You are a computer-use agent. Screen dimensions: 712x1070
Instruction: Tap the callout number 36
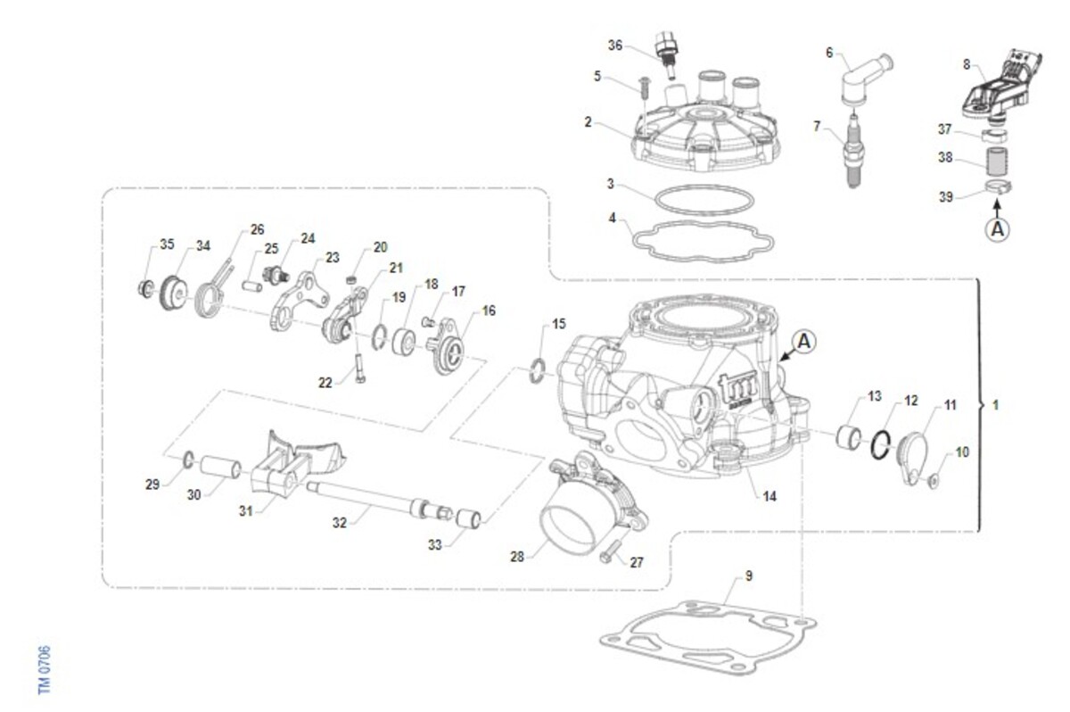pyautogui.click(x=615, y=46)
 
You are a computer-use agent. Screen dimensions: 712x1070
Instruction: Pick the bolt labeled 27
pyautogui.click(x=610, y=549)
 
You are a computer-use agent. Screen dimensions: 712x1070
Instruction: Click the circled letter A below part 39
pyautogui.click(x=998, y=228)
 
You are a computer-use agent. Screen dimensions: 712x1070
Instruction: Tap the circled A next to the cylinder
pyautogui.click(x=803, y=340)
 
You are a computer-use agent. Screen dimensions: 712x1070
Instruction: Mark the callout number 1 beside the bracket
pyautogui.click(x=996, y=405)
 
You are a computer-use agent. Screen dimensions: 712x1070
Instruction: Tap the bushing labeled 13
pyautogui.click(x=850, y=438)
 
